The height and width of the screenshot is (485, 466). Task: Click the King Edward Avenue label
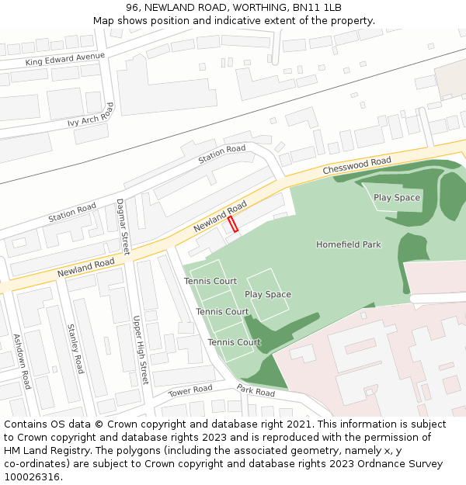point(64,59)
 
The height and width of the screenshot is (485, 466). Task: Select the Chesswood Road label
point(357,166)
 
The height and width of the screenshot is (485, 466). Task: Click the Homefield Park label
point(349,244)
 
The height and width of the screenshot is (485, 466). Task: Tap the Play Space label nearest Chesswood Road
point(397,198)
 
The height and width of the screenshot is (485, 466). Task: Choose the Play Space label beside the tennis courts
point(268,295)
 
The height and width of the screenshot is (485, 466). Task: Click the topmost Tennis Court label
point(210,281)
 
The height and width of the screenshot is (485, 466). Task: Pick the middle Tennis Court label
point(222,312)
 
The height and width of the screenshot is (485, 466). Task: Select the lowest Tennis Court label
point(234,342)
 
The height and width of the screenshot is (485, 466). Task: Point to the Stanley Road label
point(75,348)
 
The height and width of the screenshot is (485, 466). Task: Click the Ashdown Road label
point(22,362)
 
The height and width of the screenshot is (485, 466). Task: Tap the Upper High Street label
point(139,350)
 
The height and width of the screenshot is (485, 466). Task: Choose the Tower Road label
point(190,390)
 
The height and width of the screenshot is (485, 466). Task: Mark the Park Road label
point(256,391)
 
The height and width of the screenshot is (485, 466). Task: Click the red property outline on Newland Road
point(232,224)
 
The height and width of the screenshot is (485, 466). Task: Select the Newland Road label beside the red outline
point(220,215)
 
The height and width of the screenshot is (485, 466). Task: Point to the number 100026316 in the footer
point(32,477)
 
